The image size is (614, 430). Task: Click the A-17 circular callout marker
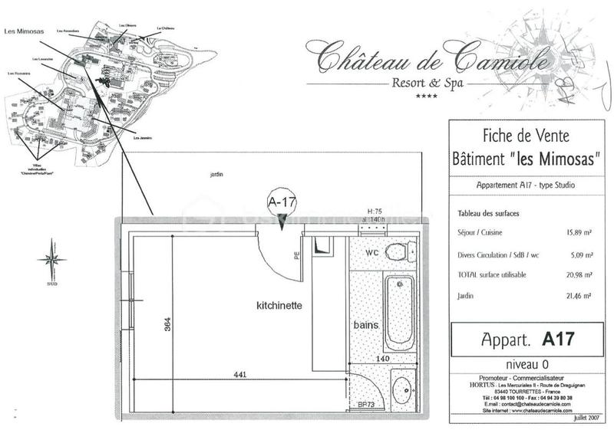281,202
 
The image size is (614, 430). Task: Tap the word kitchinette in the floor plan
279,306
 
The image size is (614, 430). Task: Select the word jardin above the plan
216,175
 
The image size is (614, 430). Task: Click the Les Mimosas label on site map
23,31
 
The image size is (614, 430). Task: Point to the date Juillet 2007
585,419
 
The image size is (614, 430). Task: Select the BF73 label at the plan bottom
365,405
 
